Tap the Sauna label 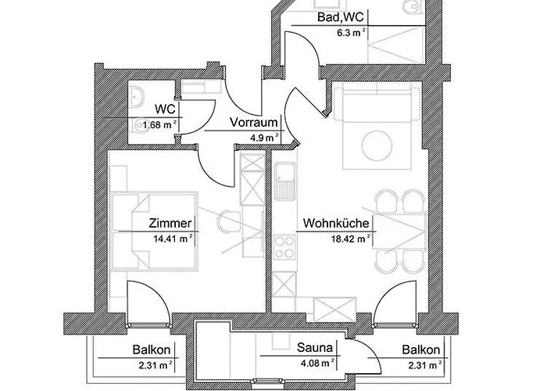[314, 349]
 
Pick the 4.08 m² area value [316, 363]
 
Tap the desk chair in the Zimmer [227, 221]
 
